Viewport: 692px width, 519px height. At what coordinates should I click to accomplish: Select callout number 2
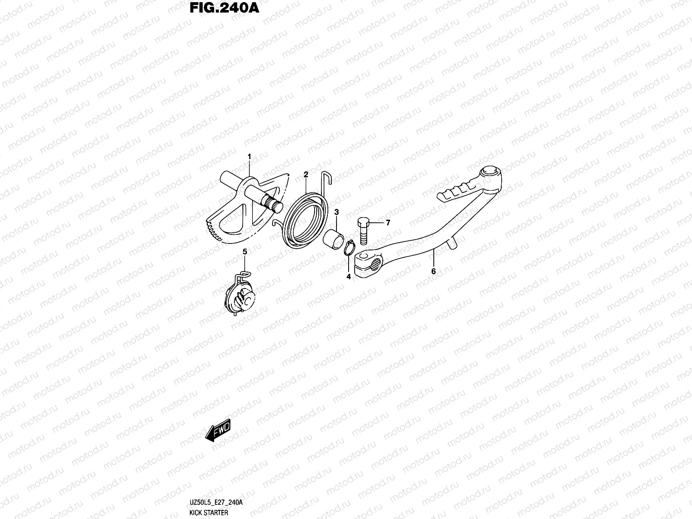tap(306, 174)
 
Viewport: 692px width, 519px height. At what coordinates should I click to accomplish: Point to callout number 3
tap(336, 212)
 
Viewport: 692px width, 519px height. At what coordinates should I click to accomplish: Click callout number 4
tap(349, 277)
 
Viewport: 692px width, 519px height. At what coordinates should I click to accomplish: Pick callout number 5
tap(244, 251)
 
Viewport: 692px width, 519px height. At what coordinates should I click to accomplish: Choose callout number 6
tap(433, 272)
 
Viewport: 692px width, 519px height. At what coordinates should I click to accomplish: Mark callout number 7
tap(388, 223)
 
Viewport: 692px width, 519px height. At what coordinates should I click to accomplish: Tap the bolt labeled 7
tap(362, 231)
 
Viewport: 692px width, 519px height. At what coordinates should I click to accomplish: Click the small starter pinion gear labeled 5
tap(241, 296)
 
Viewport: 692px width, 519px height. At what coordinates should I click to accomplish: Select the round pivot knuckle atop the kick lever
tap(489, 174)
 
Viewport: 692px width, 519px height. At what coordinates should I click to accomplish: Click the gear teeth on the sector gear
tap(213, 231)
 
